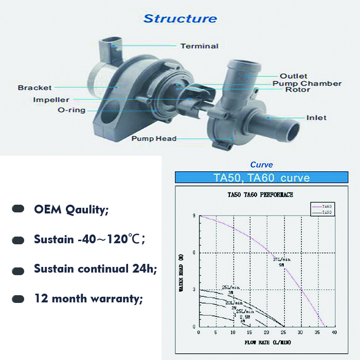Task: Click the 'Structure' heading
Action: pos(180,19)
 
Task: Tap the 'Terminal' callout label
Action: pos(199,46)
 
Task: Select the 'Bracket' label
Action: pos(35,87)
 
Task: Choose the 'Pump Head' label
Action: pos(154,138)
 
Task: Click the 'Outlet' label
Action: pos(294,76)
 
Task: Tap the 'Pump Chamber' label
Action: pos(307,83)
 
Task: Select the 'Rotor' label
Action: pos(298,90)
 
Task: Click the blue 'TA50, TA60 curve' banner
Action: pos(262,178)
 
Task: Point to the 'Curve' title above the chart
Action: pos(261,165)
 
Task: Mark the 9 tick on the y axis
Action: pos(194,216)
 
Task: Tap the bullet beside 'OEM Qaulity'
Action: pos(19,209)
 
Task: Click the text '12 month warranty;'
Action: pos(88,298)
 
